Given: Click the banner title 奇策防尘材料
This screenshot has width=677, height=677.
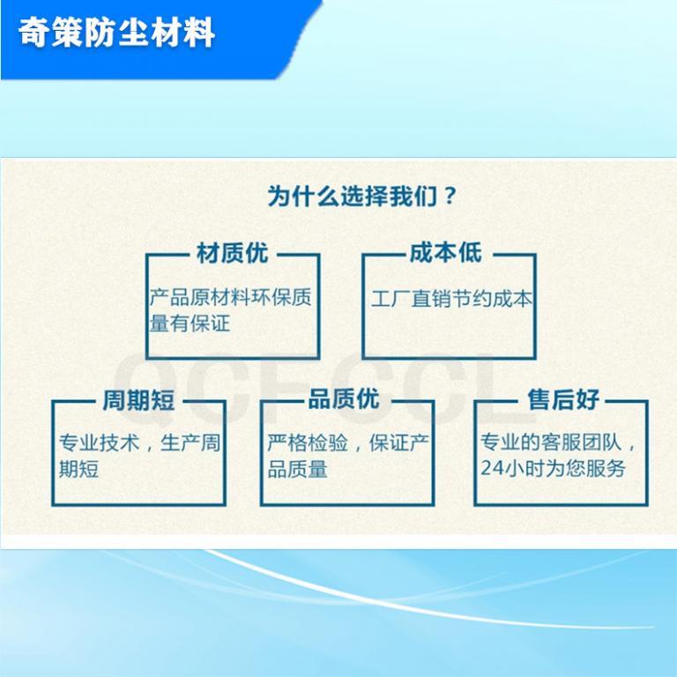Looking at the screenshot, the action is (116, 33).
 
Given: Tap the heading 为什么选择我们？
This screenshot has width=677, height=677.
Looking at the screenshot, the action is (361, 196).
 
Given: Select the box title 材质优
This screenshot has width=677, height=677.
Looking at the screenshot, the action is (233, 253).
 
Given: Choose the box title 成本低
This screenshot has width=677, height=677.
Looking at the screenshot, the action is (445, 253).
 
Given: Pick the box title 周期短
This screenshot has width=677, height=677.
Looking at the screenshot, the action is (138, 400).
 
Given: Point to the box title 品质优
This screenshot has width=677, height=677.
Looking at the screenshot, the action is (344, 398).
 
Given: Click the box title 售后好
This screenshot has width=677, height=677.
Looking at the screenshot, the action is (563, 399).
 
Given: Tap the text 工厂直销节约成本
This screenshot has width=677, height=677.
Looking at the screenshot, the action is (451, 299).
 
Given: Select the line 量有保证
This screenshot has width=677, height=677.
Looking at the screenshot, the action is (190, 323).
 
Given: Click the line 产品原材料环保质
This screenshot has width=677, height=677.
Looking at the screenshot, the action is (231, 297).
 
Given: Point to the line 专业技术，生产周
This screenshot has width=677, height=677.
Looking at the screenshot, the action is (139, 443).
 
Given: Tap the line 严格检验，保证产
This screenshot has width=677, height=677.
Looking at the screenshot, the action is (348, 443).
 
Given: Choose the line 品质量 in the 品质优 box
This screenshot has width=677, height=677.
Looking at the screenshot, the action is (297, 469).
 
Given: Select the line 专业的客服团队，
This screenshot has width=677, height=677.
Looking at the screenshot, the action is (559, 443).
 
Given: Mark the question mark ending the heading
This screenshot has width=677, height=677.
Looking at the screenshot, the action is (450, 196).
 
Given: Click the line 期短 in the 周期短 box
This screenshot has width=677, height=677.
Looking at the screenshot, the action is (78, 469).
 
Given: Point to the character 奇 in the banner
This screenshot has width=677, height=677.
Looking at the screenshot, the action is (33, 33).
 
